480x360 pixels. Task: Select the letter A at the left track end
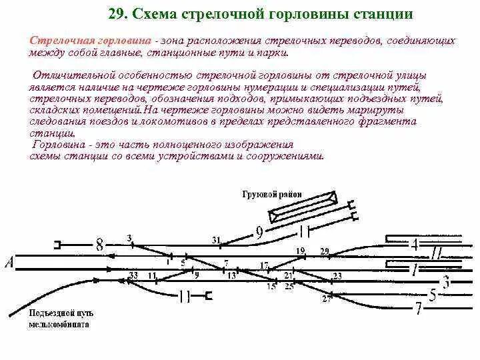(x=9, y=263)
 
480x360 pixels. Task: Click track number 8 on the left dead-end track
(x=99, y=245)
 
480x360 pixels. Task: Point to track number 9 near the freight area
(x=259, y=232)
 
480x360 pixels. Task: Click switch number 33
(x=133, y=275)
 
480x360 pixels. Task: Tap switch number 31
(x=215, y=239)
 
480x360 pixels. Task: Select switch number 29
(x=325, y=251)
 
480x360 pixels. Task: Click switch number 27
(x=326, y=299)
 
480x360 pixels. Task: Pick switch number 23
(x=337, y=275)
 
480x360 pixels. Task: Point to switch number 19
(x=300, y=251)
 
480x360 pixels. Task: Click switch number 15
(x=271, y=287)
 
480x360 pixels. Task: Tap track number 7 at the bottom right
(x=419, y=309)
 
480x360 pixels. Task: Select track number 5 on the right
(x=433, y=294)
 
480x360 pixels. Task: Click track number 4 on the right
(x=414, y=245)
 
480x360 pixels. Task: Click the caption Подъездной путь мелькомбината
(x=61, y=319)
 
